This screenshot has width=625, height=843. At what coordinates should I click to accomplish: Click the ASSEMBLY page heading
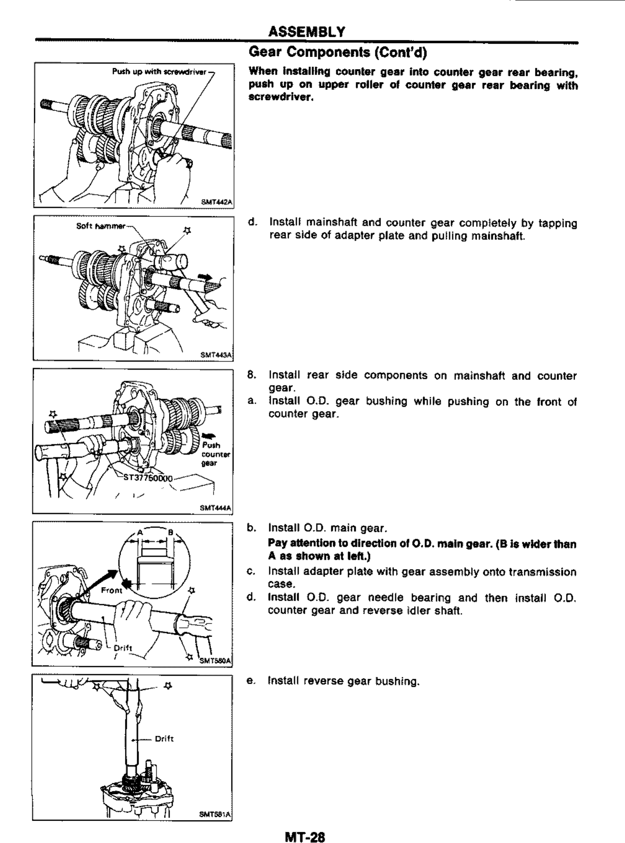coord(306,32)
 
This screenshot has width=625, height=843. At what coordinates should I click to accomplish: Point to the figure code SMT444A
coord(215,508)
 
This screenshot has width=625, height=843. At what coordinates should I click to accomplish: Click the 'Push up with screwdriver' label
coord(159,72)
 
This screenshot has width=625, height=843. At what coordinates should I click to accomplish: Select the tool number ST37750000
coord(148,478)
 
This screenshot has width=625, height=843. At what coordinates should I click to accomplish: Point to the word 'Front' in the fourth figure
coord(111,590)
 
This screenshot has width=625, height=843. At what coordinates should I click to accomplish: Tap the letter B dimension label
coord(171,532)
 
